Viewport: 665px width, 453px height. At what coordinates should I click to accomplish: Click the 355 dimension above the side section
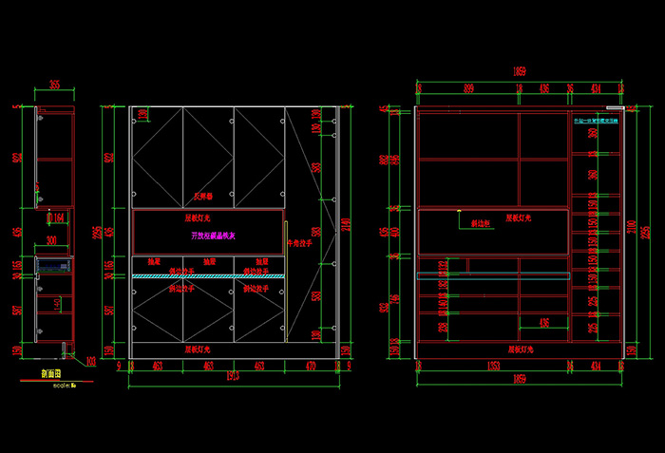pos(54,85)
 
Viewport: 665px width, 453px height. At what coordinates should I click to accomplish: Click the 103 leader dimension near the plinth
pos(91,361)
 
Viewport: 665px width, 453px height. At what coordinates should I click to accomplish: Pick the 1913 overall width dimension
pos(234,378)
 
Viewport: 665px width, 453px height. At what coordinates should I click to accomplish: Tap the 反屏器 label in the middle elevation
pos(204,197)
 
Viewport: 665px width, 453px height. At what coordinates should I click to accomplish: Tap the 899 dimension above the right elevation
pos(469,88)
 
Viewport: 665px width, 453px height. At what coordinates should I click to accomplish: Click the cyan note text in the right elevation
pos(595,121)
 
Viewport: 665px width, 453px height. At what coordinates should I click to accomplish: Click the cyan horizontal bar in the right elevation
pos(494,274)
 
